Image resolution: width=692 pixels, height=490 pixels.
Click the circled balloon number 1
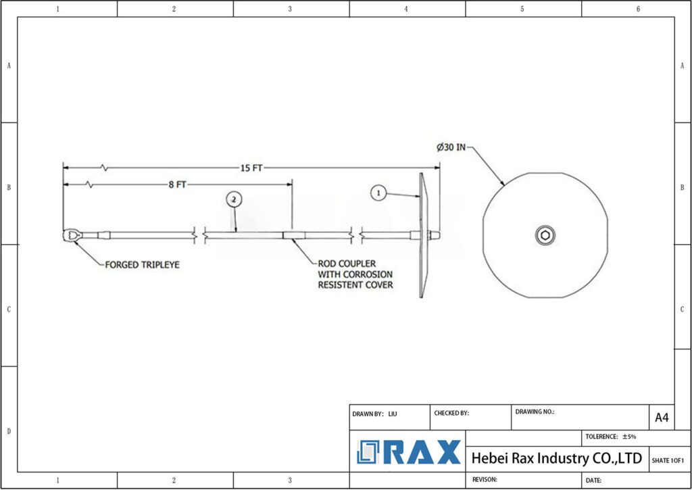coord(379,193)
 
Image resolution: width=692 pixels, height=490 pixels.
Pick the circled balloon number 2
coord(233,199)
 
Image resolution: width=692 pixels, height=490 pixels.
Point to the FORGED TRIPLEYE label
coord(142,265)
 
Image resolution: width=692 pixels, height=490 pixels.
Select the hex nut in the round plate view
coord(545,235)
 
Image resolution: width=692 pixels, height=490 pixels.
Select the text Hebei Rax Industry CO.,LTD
coord(556,458)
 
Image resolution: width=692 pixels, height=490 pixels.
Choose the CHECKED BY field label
coord(451,413)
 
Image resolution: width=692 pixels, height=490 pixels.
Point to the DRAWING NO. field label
coord(535,412)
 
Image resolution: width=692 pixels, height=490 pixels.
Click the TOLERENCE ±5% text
coord(610,437)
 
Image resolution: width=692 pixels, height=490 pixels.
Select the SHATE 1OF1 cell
coord(667,460)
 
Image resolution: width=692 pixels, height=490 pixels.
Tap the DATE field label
coord(594,480)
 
